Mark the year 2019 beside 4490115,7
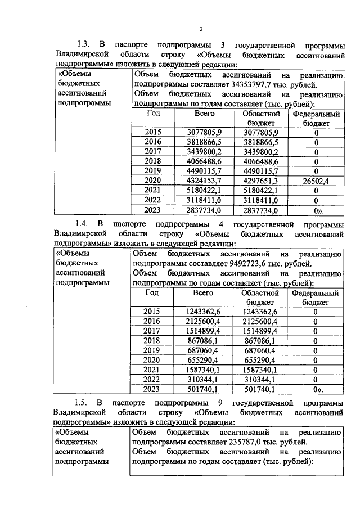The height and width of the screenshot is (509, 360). click(x=152, y=171)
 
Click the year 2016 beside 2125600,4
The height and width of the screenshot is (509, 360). click(x=152, y=321)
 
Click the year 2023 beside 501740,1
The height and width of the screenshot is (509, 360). click(x=152, y=389)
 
